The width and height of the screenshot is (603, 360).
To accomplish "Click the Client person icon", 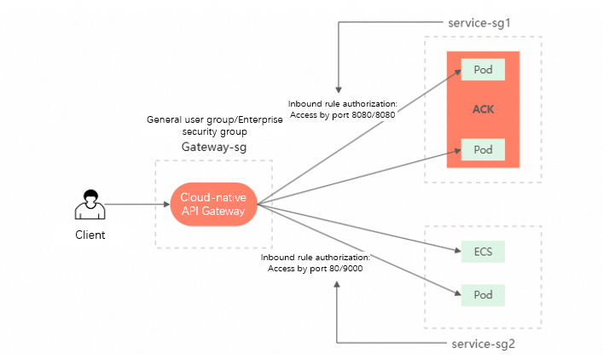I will click(x=90, y=205).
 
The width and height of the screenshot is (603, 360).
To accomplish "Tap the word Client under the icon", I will click(x=90, y=235).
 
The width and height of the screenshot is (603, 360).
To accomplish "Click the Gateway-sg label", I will click(x=213, y=147).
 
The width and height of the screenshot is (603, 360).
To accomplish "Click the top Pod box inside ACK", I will click(x=483, y=69).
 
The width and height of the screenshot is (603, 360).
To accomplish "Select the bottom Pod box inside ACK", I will click(x=483, y=150).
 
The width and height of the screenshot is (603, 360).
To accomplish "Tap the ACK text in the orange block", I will click(x=483, y=110).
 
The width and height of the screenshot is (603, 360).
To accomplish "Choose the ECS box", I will click(x=483, y=252).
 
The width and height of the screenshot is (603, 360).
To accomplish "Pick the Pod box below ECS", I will click(x=483, y=295).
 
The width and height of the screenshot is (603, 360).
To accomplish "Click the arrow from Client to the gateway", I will click(x=136, y=205).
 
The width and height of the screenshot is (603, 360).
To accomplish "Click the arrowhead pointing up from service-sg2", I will click(x=338, y=283).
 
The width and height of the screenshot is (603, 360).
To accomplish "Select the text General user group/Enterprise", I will click(x=213, y=120).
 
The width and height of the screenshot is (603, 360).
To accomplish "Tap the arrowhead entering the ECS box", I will click(x=456, y=251).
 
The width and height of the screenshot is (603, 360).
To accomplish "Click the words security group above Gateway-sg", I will click(x=213, y=132).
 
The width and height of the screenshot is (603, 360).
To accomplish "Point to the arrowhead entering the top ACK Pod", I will click(x=456, y=72).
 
